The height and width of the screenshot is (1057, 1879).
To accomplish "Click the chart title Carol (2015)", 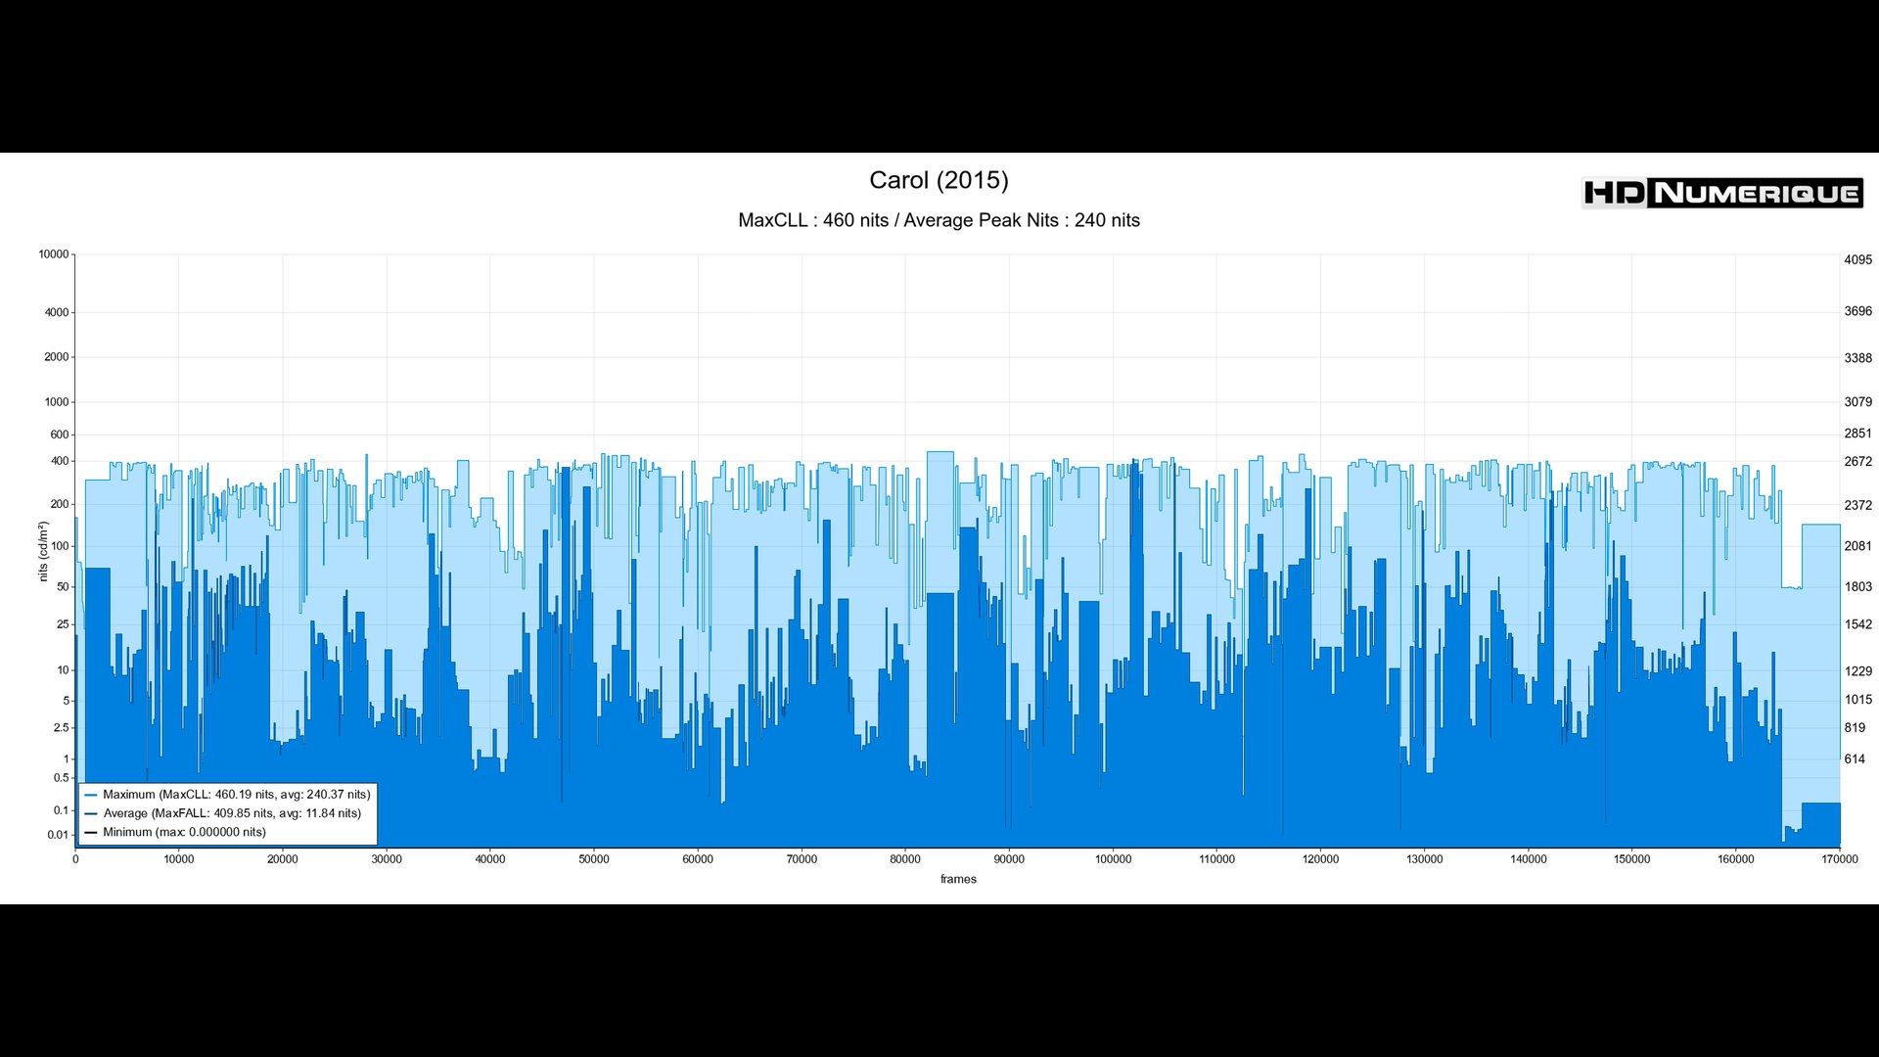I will point(939,180).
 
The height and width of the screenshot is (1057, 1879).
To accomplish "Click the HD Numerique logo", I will point(1721,193).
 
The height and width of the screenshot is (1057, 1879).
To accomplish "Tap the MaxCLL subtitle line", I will point(939,220).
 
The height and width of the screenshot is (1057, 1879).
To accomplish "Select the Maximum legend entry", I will point(236,795).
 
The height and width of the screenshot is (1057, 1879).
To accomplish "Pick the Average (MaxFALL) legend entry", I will point(231,813).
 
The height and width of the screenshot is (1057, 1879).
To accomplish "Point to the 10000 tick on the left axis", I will point(54,254).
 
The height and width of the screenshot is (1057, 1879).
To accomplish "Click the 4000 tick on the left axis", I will point(57,313).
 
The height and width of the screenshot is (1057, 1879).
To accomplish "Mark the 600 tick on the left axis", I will point(60,435).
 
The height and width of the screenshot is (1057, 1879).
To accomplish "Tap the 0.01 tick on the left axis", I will point(58,835).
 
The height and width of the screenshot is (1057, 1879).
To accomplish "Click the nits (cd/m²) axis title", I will point(43,551).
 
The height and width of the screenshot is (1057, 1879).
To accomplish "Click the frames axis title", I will point(958,879).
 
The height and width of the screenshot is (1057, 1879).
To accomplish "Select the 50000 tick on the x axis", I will point(594,859).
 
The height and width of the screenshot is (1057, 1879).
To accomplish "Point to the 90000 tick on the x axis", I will point(1009,859).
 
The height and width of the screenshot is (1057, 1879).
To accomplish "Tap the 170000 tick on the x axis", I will point(1839,859).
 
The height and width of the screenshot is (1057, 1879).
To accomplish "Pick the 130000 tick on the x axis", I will point(1424,859).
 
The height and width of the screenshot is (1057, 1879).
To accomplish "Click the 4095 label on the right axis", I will point(1857,260).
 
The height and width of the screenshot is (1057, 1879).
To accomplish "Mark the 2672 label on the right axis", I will point(1857,462).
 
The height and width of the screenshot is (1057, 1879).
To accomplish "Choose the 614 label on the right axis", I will point(1855,759).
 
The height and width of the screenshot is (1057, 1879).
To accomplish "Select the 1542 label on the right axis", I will point(1857,624).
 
